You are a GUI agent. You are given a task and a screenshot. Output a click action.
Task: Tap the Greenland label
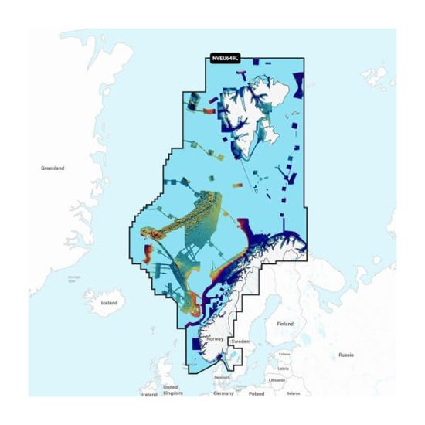click(x=53, y=168)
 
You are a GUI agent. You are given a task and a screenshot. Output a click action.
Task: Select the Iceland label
click(x=109, y=303)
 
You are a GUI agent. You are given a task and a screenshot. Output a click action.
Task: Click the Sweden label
click(x=240, y=340)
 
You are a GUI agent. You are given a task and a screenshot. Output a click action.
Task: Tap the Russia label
click(x=345, y=355)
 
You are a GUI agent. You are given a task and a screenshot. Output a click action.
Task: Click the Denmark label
click(x=223, y=377)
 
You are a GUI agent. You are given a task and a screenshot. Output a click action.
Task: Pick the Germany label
click(x=224, y=393)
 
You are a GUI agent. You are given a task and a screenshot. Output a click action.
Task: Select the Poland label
click(x=257, y=393)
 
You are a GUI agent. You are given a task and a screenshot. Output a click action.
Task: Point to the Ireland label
click(x=149, y=394)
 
